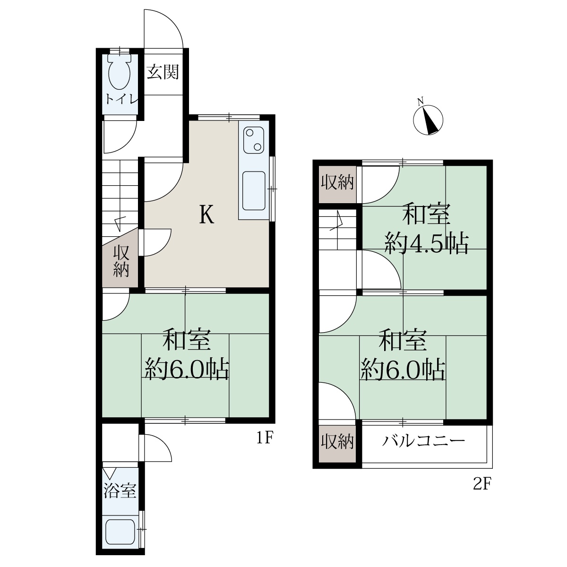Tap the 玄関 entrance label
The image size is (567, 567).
pos(163,72)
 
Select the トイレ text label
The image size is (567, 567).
pos(121,99)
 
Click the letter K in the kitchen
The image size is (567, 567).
pos(206,215)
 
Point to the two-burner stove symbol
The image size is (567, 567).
pos(254,140)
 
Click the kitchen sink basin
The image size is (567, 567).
pos(254,191)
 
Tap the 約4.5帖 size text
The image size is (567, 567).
pos(426,243)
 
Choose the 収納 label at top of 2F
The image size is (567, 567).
pos(337,182)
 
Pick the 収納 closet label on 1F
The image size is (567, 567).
pos(121,261)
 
